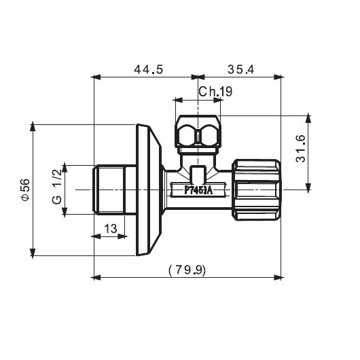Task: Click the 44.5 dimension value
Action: point(149,69)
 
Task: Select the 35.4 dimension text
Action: point(241,69)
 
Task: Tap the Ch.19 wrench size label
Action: point(215,92)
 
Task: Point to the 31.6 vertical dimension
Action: point(300,149)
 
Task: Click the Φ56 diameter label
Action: point(26,190)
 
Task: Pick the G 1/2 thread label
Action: point(57,187)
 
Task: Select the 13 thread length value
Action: point(111,229)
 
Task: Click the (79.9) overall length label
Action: point(187,270)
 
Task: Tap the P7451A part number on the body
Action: point(198,190)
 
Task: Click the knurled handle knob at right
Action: point(256,190)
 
